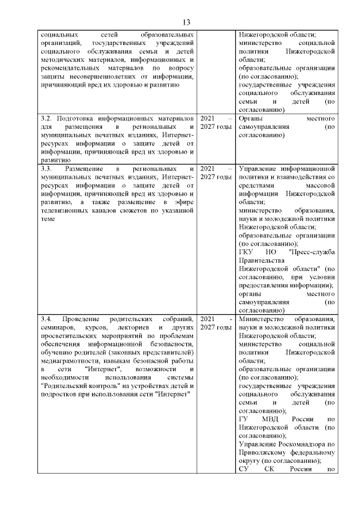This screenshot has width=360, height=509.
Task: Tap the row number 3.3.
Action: pos(47,169)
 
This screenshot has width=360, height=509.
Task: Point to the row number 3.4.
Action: pos(47,319)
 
